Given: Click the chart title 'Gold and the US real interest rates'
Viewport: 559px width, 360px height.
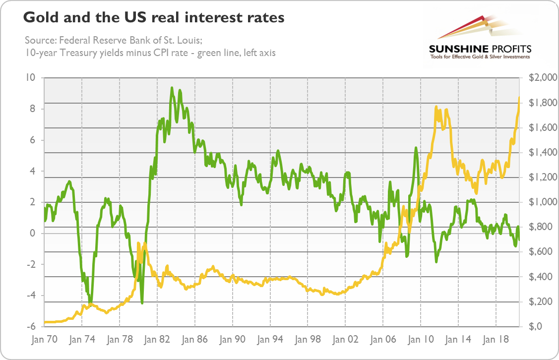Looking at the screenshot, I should pos(154,18).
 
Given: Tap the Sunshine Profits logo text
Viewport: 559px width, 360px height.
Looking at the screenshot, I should pos(480,49).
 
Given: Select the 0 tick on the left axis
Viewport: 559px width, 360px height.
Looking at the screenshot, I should pos(33,233).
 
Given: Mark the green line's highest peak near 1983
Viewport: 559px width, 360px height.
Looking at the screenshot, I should pos(172,88).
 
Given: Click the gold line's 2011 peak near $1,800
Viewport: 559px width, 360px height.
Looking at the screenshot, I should pos(436,107).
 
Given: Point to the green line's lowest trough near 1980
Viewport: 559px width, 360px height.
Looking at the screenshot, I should pos(142,303).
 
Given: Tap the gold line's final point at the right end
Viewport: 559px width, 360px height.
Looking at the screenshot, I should pos(519,97).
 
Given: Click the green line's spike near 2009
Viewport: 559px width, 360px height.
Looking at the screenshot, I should pos(416,147).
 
